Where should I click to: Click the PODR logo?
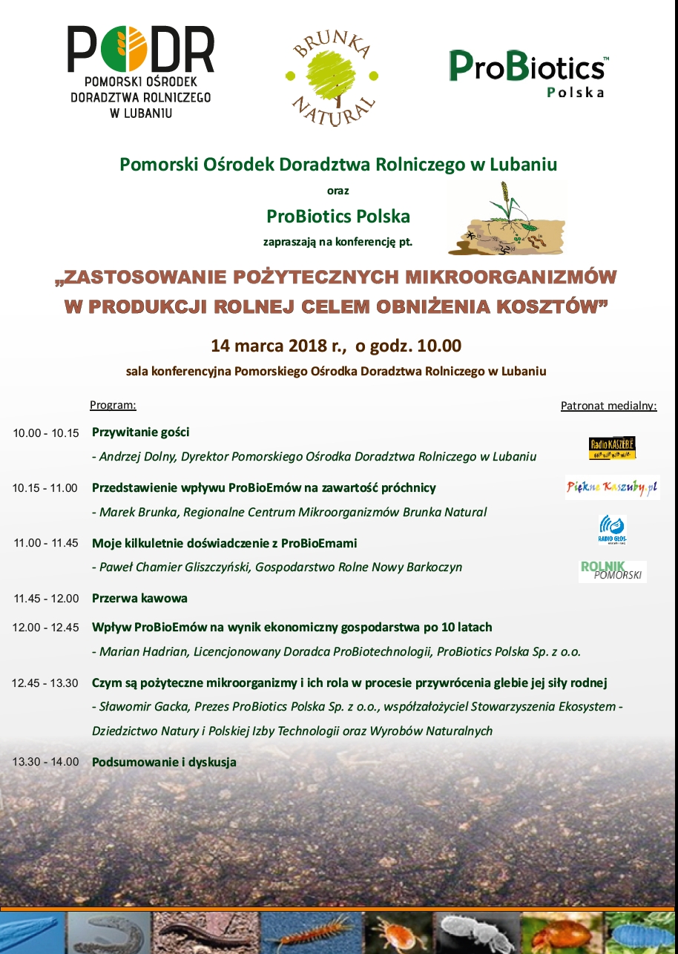(141, 73)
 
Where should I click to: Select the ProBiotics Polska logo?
(528, 73)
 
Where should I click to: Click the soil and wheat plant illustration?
(507, 219)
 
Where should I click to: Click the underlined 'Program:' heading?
(113, 405)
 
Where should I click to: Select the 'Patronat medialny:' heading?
(608, 406)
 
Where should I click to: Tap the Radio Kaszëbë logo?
(612, 447)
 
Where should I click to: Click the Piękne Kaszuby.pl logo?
(612, 487)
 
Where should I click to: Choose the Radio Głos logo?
(612, 530)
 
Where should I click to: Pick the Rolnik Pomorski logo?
(612, 570)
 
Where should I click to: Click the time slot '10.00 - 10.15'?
(45, 432)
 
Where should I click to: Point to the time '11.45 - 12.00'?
(45, 599)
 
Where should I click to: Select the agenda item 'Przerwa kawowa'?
(139, 598)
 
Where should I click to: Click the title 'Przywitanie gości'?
(141, 432)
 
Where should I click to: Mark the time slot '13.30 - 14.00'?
(45, 762)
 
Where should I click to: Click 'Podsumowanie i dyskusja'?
(164, 762)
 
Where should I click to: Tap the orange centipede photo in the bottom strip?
(310, 932)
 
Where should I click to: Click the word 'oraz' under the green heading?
(338, 191)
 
